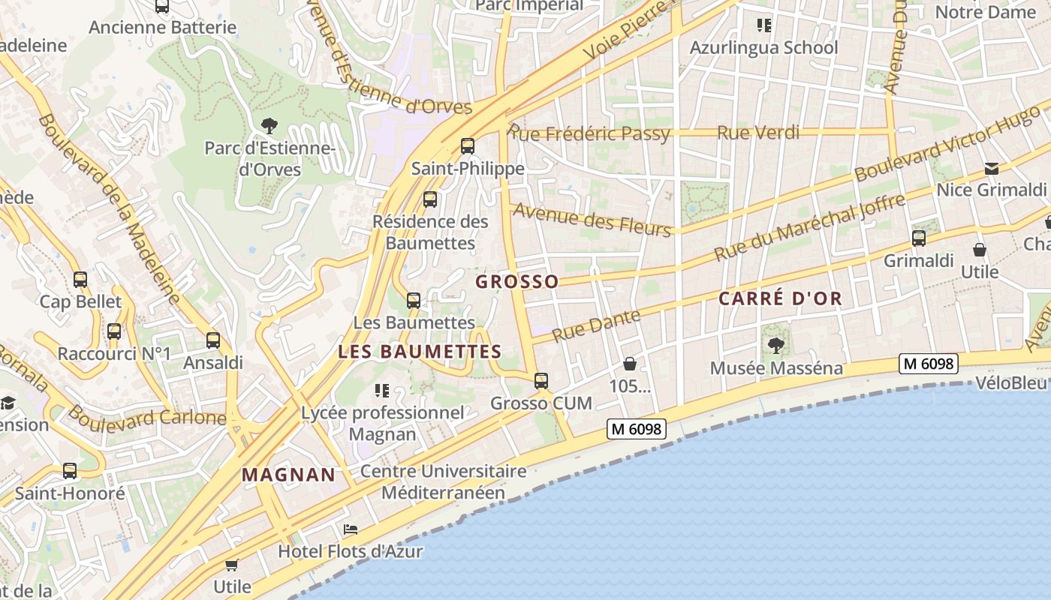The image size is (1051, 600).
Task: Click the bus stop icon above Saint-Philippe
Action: [x=468, y=145]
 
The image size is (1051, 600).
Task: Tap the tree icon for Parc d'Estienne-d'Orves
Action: [x=269, y=125]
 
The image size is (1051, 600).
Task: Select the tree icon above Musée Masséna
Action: [x=775, y=346]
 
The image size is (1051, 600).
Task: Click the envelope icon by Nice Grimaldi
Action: [x=992, y=168]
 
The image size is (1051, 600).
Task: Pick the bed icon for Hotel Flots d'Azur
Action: [x=351, y=529]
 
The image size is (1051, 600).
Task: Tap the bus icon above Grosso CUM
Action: [x=541, y=380]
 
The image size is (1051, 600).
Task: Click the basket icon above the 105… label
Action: [x=630, y=364]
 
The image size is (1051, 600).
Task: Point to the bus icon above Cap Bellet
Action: [x=80, y=280]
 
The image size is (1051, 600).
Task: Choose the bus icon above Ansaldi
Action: [x=213, y=340]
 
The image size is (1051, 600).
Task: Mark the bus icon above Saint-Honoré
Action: [x=70, y=471]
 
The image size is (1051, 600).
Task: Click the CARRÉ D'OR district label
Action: [x=780, y=298]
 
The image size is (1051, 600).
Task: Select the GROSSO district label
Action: [x=517, y=282]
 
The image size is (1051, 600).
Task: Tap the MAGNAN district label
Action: [x=288, y=474]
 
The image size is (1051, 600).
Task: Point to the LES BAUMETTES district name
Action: [x=420, y=351]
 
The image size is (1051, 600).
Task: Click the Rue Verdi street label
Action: [x=758, y=133]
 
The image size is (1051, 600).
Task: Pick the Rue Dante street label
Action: [x=597, y=325]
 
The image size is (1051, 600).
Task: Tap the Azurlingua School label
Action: [x=763, y=47]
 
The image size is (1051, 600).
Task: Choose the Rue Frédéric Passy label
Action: [x=589, y=133]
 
